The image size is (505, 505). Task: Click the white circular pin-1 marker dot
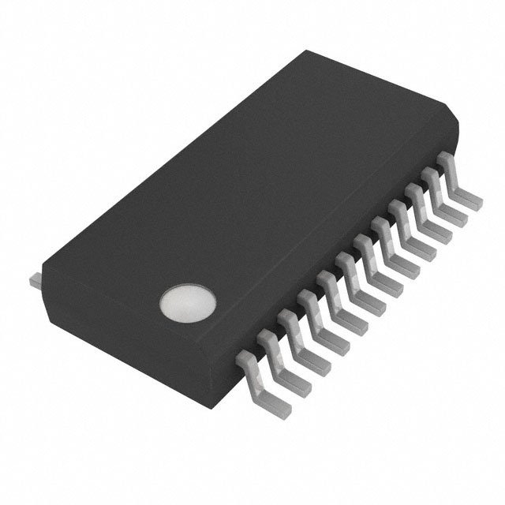[x=188, y=304]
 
